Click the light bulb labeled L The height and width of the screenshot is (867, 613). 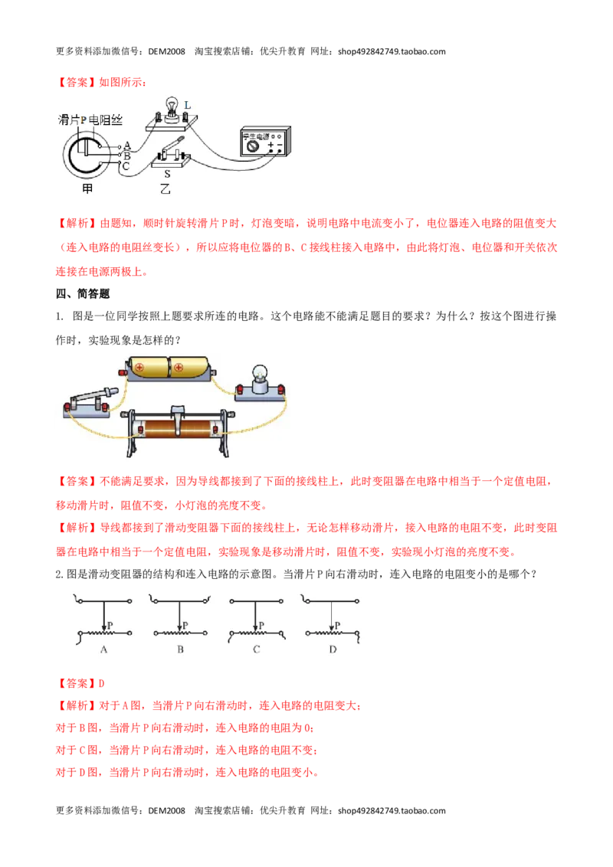click(172, 109)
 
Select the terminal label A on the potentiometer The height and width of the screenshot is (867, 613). click(127, 146)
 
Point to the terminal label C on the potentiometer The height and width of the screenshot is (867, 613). click(126, 166)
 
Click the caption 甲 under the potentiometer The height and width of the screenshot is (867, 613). click(87, 188)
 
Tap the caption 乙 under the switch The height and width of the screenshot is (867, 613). click(165, 188)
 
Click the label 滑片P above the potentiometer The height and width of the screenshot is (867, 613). click(73, 120)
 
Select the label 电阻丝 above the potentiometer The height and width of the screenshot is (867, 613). click(106, 120)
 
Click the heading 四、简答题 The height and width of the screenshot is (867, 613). click(83, 293)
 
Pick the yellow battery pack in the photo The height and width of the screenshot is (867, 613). click(168, 368)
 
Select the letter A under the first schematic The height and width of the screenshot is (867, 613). click(104, 649)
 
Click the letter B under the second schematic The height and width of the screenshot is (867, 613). click(180, 649)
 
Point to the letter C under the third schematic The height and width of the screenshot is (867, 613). click(256, 649)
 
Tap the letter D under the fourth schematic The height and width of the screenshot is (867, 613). click(333, 649)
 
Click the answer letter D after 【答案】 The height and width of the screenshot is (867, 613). click(102, 683)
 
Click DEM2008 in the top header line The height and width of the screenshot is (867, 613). click(166, 51)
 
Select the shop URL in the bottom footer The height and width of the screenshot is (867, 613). click(392, 810)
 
